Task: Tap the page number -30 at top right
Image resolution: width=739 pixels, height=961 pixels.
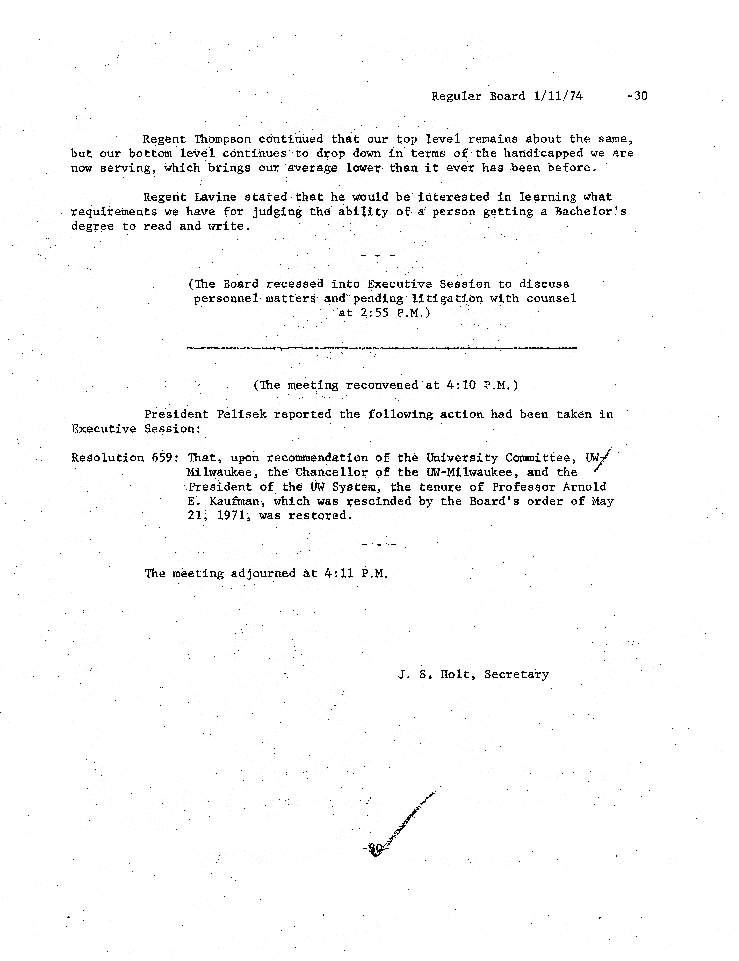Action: (637, 96)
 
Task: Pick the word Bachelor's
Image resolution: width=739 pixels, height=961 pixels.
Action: (590, 212)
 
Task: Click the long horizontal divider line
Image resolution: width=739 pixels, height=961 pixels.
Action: (382, 348)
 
